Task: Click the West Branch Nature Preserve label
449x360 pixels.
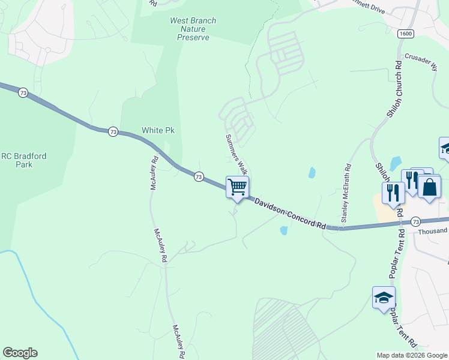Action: (x=193, y=29)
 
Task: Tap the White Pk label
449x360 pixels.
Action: (x=158, y=130)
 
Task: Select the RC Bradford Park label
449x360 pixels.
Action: (x=23, y=160)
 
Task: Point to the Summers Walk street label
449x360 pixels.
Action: (x=236, y=152)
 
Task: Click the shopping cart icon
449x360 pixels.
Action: (x=238, y=187)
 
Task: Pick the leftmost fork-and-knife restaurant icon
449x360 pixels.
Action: (x=393, y=193)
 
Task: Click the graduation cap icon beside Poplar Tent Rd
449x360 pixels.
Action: (x=384, y=297)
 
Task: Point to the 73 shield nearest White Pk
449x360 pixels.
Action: (x=113, y=131)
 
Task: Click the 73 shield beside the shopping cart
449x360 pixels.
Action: (x=199, y=177)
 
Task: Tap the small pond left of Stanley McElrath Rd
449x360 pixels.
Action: (x=312, y=173)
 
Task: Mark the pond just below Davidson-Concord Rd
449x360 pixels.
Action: (x=283, y=230)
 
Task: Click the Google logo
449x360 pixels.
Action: (x=20, y=353)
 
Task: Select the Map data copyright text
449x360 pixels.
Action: (x=412, y=355)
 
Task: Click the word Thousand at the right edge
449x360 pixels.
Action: (x=433, y=230)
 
